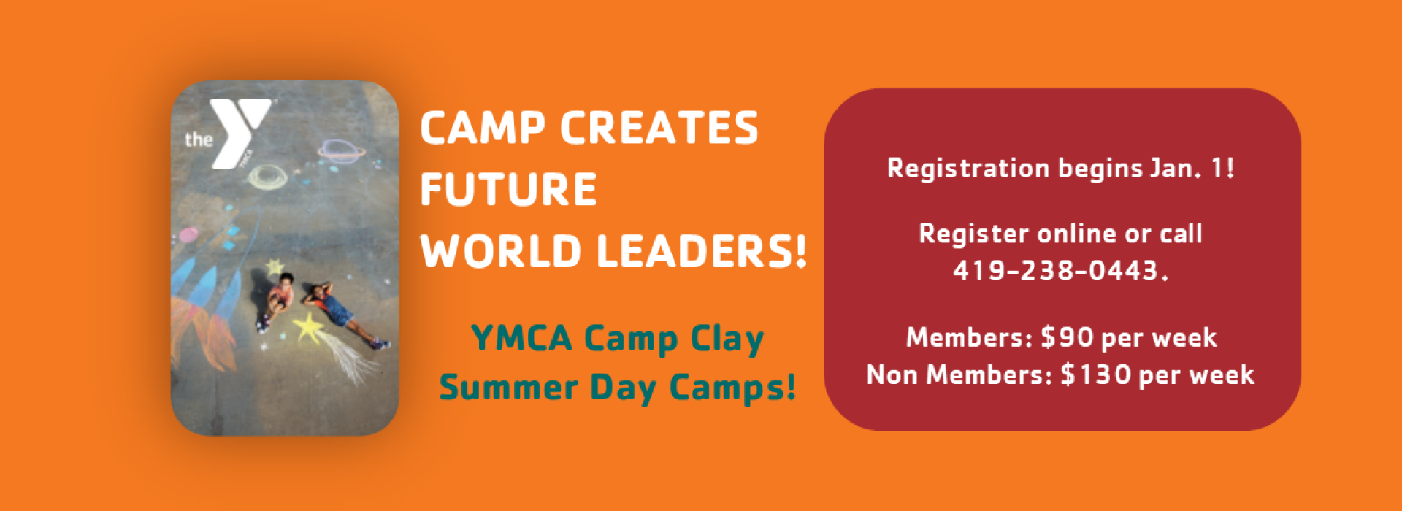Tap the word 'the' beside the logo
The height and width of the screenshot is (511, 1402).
199,139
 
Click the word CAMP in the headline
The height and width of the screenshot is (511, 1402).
483,128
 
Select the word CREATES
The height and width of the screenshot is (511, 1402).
659,128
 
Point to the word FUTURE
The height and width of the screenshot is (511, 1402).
508,189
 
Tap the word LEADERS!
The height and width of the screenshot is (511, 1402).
702,251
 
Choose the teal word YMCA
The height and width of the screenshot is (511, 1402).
521,338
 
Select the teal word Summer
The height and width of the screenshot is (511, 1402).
508,387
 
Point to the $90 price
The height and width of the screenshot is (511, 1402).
1067,337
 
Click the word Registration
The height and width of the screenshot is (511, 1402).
968,169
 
